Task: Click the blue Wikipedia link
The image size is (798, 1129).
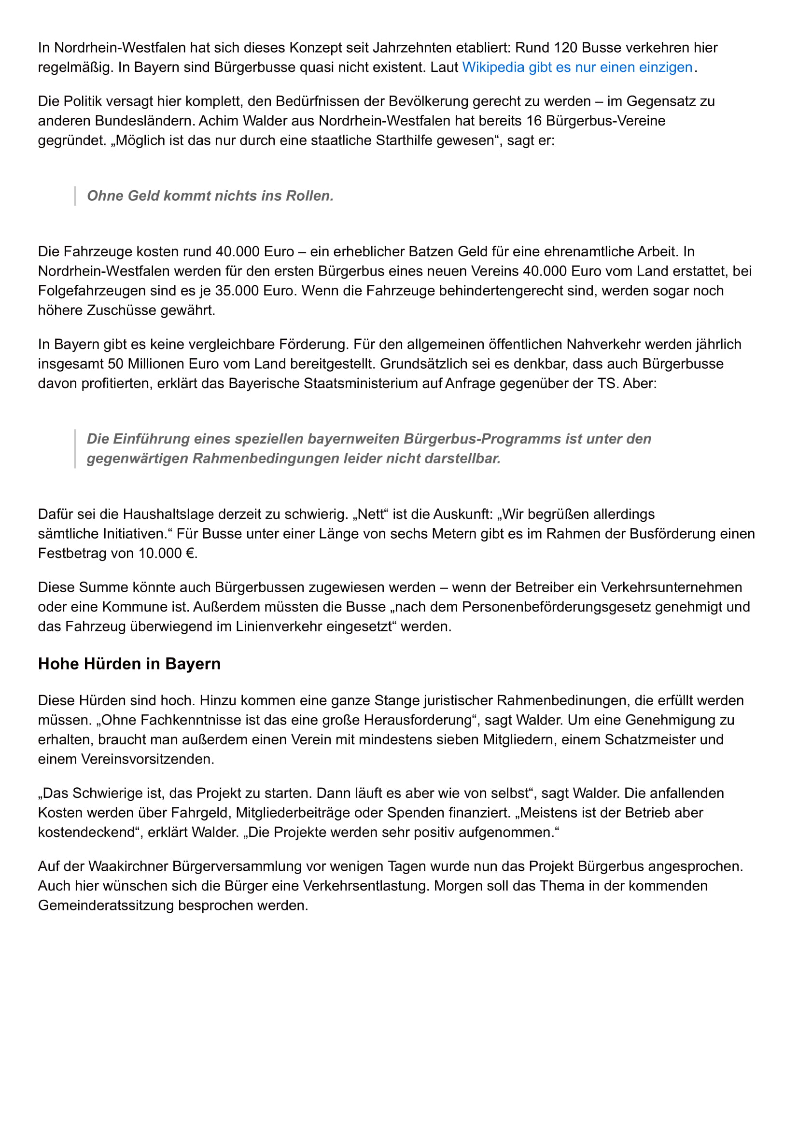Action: pos(577,67)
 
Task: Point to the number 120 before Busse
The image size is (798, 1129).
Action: pos(565,47)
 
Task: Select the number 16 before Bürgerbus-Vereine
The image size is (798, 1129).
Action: pos(534,121)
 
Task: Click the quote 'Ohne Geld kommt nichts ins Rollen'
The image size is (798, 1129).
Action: pos(210,195)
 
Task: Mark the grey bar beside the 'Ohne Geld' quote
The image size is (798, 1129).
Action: pos(75,195)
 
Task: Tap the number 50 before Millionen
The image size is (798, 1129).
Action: pos(115,364)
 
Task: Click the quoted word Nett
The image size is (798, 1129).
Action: pos(370,515)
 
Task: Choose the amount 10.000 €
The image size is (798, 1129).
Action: pos(168,554)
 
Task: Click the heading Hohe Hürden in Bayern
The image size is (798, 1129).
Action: pos(129,664)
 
